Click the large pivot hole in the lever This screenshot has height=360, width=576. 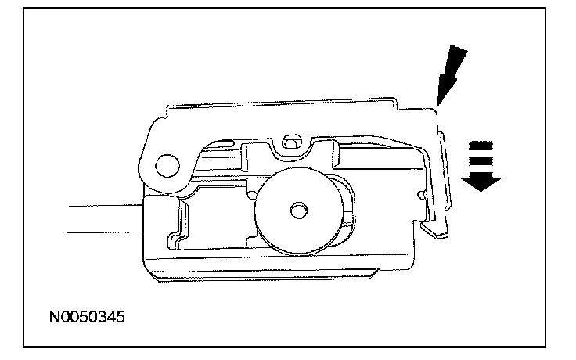(167, 164)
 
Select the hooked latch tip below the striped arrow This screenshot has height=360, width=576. (436, 229)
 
